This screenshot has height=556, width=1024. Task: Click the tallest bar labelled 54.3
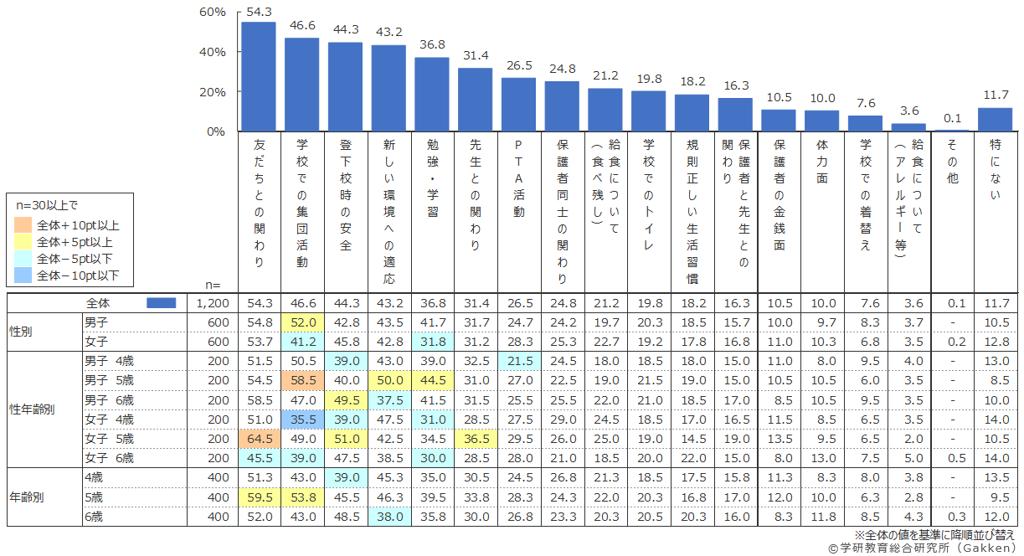(258, 76)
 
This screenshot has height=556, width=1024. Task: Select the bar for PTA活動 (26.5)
(518, 105)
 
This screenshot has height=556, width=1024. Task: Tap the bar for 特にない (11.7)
(995, 119)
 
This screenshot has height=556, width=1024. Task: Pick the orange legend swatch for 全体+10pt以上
(23, 225)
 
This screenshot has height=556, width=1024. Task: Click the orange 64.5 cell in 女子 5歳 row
(258, 438)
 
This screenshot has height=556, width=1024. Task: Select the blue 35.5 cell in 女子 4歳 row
(301, 419)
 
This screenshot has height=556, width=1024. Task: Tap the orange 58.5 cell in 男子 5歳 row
(301, 379)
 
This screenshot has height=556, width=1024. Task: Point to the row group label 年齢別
(28, 497)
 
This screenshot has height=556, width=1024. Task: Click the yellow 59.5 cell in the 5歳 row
(258, 497)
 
